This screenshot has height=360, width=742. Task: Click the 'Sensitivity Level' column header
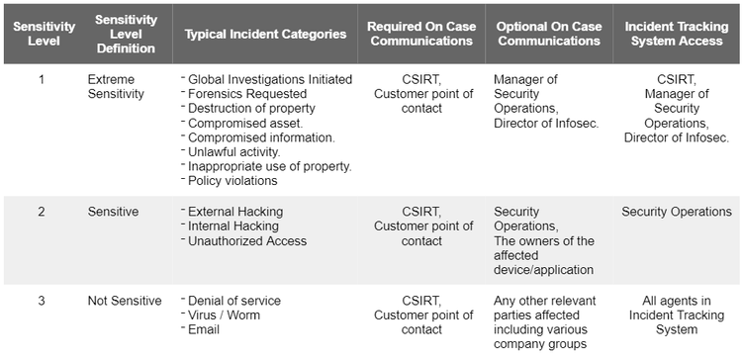37,34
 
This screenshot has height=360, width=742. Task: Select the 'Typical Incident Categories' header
265,34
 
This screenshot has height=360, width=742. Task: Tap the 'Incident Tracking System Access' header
678,34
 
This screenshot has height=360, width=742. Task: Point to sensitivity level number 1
41,78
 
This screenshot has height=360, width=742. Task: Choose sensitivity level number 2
41,212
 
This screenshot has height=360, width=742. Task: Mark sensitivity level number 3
41,301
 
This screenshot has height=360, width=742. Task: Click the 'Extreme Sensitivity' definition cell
116,86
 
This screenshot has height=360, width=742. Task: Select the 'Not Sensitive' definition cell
124,301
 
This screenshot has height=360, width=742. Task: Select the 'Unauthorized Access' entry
246,241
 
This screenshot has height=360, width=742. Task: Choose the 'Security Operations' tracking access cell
677,212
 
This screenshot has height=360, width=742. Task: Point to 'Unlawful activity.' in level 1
238,151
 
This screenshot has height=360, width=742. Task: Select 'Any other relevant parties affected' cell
543,322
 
